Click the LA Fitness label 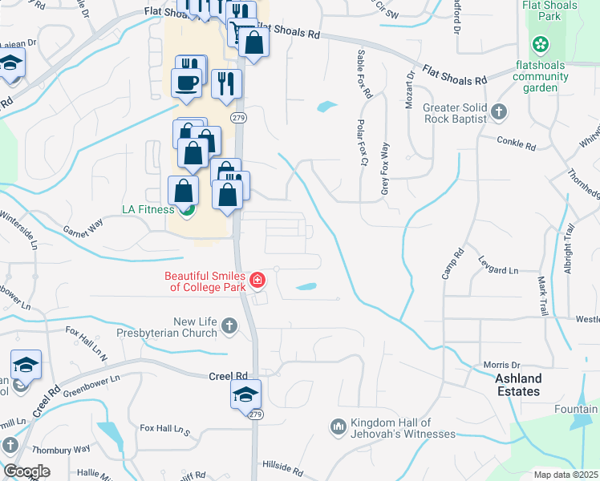pos(148,209)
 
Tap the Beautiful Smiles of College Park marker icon pos(258,281)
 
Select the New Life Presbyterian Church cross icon pos(229,325)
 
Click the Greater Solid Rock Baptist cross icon pos(499,112)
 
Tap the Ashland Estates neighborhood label pos(517,385)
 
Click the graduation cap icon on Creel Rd pos(245,393)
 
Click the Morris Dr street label pos(502,365)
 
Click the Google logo pos(26,471)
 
